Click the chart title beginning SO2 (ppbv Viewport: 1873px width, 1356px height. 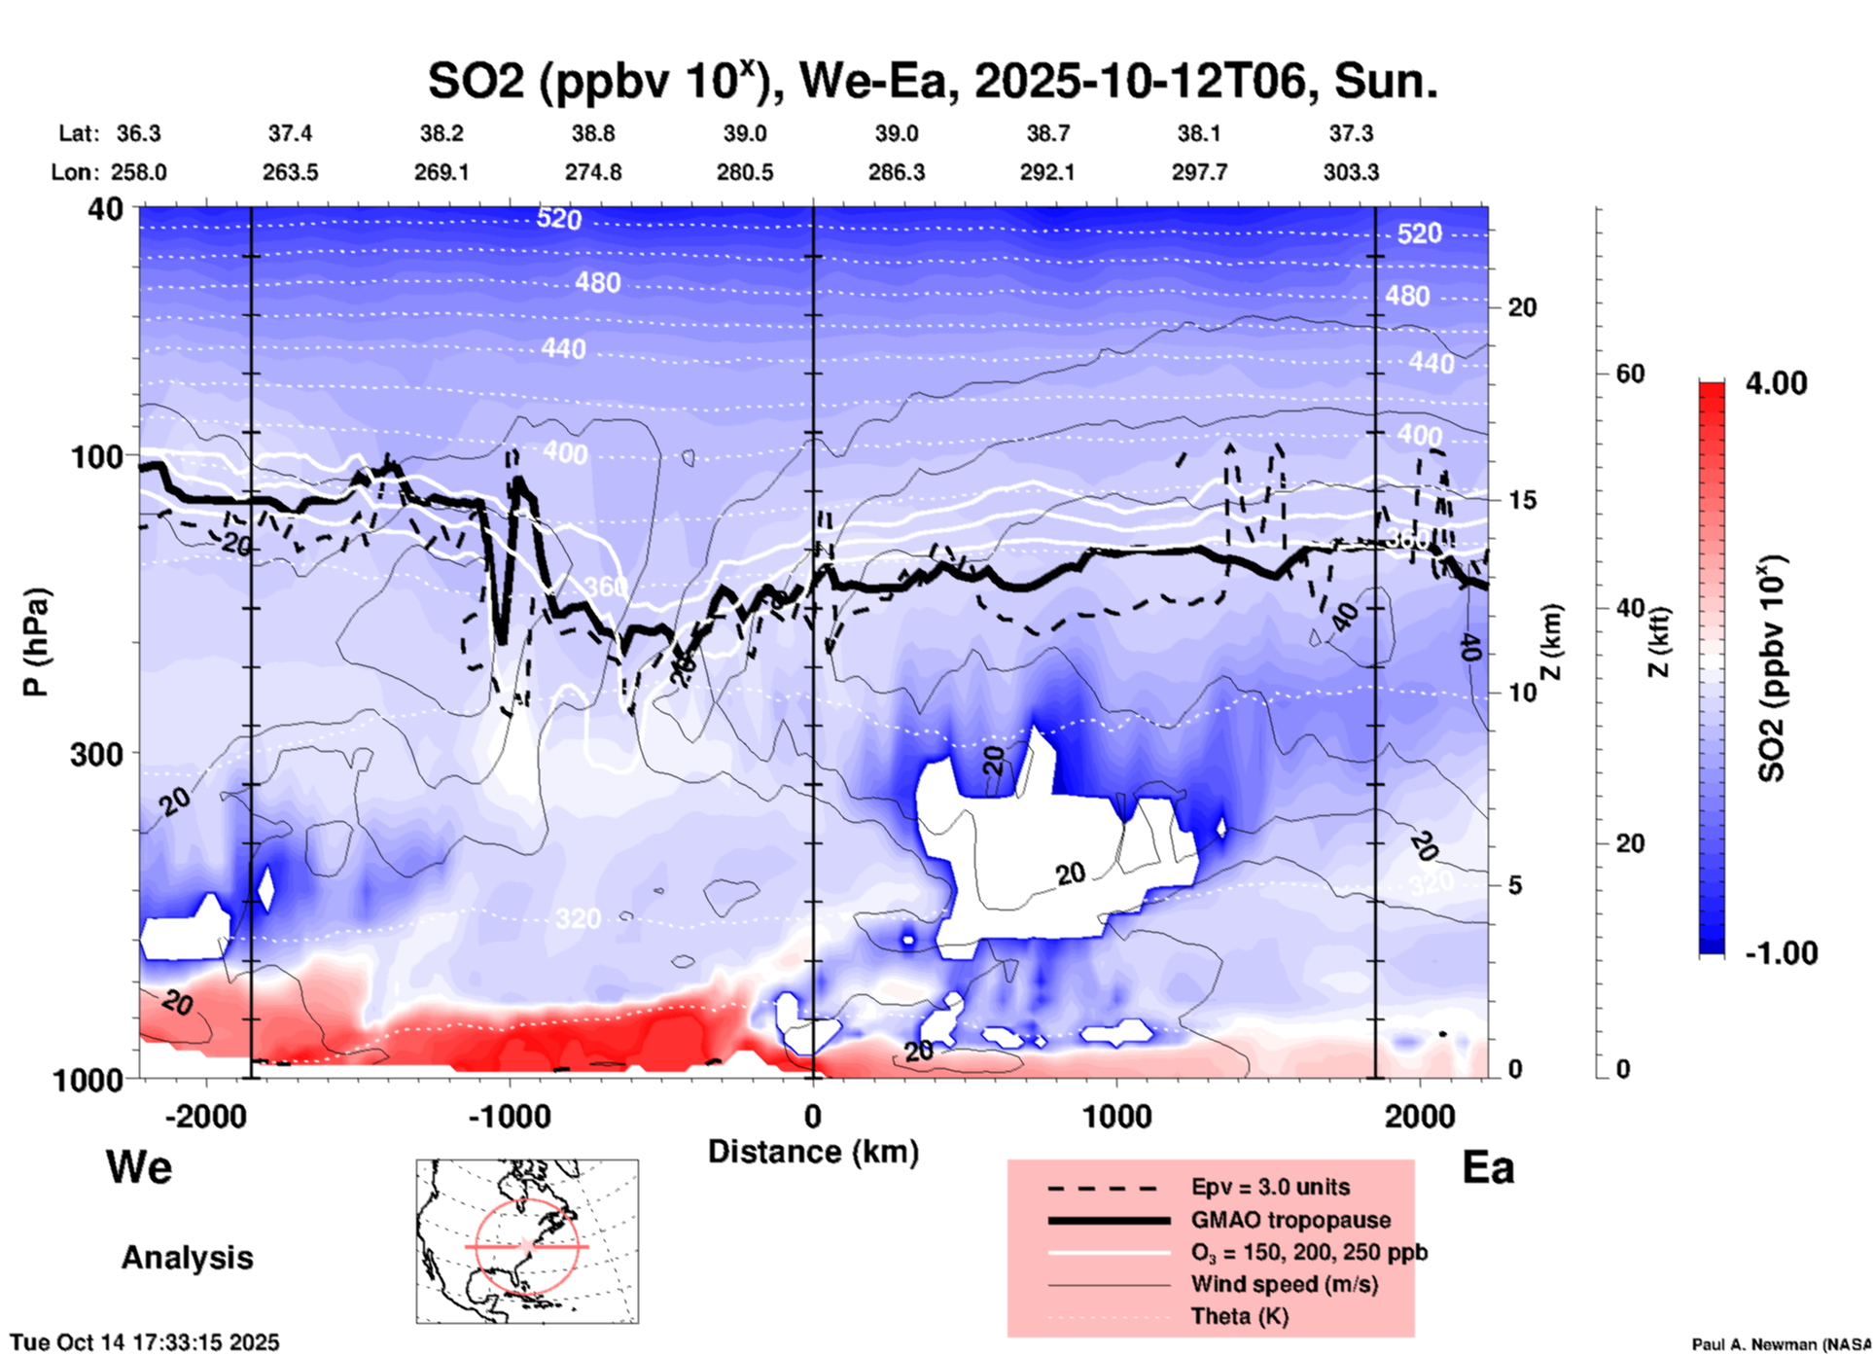932,82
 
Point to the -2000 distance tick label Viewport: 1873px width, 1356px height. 205,1116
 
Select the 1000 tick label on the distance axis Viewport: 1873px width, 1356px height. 1116,1116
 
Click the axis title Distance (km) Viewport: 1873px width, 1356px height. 813,1152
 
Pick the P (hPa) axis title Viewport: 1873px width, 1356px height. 36,642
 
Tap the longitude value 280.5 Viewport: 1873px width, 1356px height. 745,172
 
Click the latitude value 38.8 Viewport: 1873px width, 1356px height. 593,133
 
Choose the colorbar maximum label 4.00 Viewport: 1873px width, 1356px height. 1776,383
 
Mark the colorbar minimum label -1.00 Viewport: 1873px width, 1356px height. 1781,953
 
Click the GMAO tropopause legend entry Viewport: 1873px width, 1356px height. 1290,1220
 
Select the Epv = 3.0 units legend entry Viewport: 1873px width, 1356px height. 1270,1187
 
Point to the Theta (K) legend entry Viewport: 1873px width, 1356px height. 1239,1316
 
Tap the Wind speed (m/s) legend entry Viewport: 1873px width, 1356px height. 1284,1284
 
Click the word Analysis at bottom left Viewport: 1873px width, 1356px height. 187,1258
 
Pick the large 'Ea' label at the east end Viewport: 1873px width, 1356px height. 1488,1167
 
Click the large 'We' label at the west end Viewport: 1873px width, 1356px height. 139,1167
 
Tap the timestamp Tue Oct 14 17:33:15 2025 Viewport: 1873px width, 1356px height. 145,1342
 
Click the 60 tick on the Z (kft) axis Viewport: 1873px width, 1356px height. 1630,374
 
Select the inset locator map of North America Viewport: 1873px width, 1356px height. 527,1240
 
